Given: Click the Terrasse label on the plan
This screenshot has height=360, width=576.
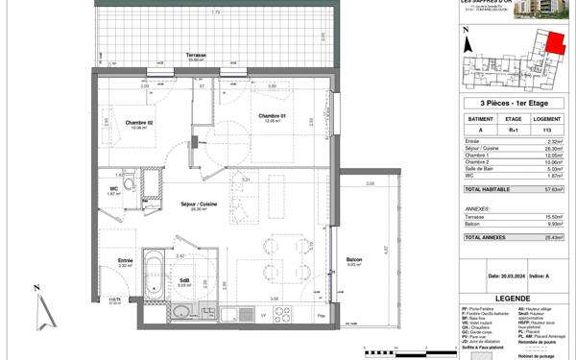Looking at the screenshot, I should click(198, 56).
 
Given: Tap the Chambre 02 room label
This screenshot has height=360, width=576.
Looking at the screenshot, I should click(140, 123).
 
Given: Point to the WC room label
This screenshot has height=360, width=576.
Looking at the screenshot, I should click(113, 189).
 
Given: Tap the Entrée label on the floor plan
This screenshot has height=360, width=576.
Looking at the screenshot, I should click(126, 260).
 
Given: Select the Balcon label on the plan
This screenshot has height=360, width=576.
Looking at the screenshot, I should click(354, 260).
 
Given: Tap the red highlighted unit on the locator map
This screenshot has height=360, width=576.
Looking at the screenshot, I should click(554, 42).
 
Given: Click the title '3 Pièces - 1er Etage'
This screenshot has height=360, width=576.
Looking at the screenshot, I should click(516, 103).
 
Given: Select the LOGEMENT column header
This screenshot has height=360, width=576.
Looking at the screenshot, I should click(546, 118).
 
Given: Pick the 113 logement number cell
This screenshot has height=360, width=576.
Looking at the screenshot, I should click(546, 128).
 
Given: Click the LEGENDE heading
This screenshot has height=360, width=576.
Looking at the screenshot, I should click(516, 298).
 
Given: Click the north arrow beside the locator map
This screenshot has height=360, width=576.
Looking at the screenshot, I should click(465, 43).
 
